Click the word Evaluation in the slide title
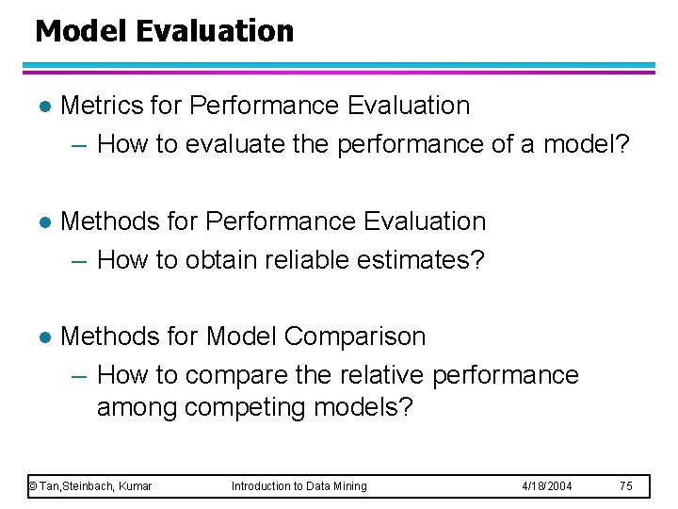click(x=215, y=31)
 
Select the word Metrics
click(x=101, y=106)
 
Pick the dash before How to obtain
click(x=79, y=260)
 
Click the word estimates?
click(x=424, y=259)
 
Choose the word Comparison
click(x=354, y=337)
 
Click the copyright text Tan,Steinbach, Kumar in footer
click(x=90, y=486)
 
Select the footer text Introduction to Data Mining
click(x=299, y=486)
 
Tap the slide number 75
click(x=626, y=486)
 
